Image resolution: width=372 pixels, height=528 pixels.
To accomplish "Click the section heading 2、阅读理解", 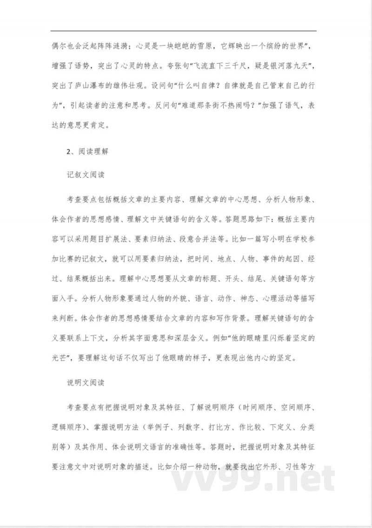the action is click(x=88, y=151).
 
